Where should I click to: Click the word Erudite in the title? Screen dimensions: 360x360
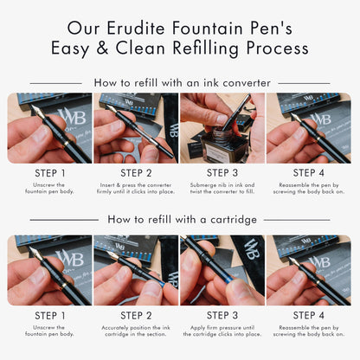click(136, 29)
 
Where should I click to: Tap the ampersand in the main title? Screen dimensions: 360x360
click(102, 48)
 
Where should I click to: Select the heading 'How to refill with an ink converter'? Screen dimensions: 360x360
click(183, 83)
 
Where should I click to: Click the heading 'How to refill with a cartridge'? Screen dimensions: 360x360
click(183, 220)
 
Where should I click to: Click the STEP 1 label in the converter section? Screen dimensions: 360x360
click(50, 173)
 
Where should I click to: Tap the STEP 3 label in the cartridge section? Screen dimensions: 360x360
click(222, 315)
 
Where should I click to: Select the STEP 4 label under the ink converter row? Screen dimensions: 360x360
click(309, 173)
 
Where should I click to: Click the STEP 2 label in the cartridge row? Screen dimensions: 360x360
click(136, 315)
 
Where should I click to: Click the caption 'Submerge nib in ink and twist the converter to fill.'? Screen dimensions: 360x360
click(222, 188)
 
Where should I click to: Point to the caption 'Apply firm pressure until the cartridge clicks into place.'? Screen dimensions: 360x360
click(222, 331)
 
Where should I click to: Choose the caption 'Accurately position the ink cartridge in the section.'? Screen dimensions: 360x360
click(136, 331)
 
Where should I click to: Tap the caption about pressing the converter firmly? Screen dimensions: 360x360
click(136, 188)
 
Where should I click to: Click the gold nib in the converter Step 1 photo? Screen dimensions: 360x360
click(38, 111)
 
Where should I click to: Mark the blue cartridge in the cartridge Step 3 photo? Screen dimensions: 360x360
click(228, 278)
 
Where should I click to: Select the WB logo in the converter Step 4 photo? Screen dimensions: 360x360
click(320, 119)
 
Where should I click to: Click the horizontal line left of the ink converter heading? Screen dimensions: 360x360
click(55, 83)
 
